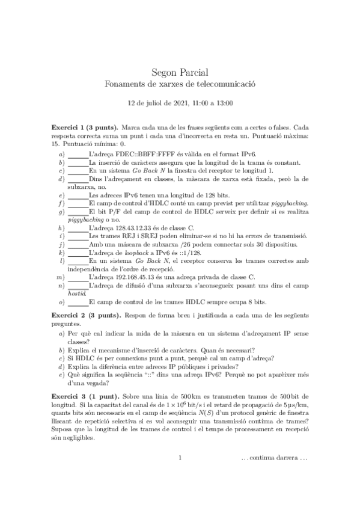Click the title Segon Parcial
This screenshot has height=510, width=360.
(x=180, y=72)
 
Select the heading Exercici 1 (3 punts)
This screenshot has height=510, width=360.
(x=84, y=129)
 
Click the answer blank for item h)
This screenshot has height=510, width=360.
(x=78, y=229)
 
